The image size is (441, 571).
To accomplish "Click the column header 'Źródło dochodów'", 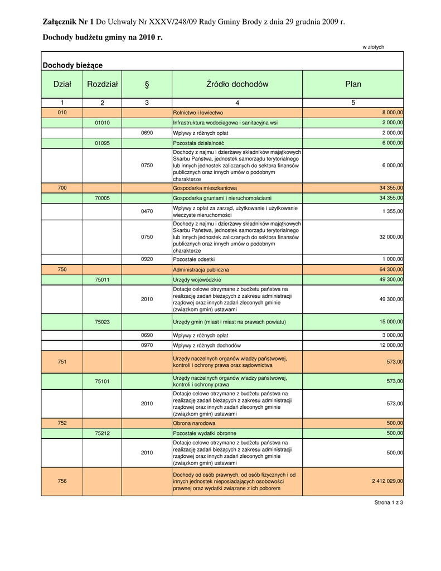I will pyautogui.click(x=237, y=84).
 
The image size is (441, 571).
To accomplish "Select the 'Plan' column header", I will pyautogui.click(x=353, y=84).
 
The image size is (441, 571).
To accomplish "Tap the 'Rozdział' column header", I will pyautogui.click(x=102, y=84).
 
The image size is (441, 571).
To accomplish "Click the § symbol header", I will pyautogui.click(x=147, y=84).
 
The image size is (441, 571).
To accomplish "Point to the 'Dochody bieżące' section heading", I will pyautogui.click(x=72, y=65).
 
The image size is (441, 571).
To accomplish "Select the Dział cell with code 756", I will pyautogui.click(x=62, y=481).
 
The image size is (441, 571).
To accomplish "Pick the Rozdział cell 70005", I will pyautogui.click(x=102, y=198).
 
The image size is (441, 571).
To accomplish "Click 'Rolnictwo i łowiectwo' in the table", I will pyautogui.click(x=198, y=113).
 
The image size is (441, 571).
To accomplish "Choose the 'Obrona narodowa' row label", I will pyautogui.click(x=195, y=423).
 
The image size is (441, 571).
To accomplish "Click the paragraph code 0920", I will pyautogui.click(x=147, y=259).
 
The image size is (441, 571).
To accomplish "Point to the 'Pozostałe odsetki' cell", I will pyautogui.click(x=194, y=259).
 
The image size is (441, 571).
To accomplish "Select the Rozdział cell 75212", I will pyautogui.click(x=102, y=433).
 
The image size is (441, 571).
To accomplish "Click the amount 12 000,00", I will pyautogui.click(x=390, y=346).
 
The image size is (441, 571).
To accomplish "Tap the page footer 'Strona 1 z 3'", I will pyautogui.click(x=389, y=502).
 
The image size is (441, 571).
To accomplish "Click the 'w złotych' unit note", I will pyautogui.click(x=374, y=47).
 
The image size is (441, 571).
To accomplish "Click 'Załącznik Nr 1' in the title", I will pyautogui.click(x=69, y=22).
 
